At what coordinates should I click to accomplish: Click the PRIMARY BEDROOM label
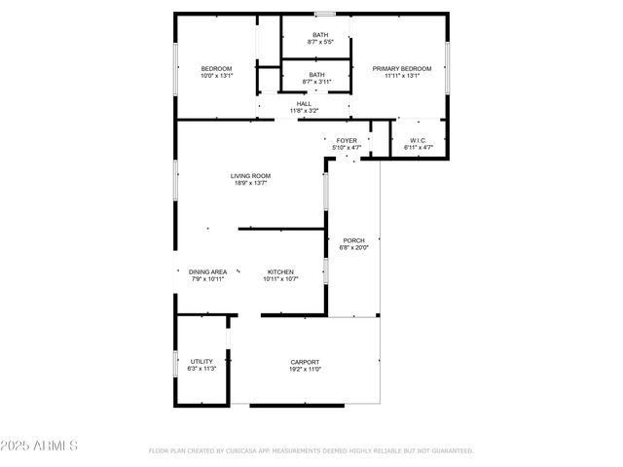click(401, 68)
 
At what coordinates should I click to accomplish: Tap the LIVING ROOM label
click(249, 176)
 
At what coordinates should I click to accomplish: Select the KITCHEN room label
click(280, 271)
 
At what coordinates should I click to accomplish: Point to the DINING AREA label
click(207, 271)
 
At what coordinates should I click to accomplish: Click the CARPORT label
click(304, 362)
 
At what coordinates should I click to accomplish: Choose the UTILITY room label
click(202, 362)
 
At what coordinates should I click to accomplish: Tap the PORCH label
click(353, 240)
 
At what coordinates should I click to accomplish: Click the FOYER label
click(347, 141)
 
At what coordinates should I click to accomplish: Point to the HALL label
click(304, 103)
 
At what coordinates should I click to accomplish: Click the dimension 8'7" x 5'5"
click(316, 42)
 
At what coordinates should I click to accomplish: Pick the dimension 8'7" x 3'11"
click(316, 82)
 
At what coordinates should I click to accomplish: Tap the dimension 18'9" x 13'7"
click(249, 183)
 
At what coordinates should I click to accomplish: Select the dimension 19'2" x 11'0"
click(304, 369)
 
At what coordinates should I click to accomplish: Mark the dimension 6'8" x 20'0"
click(353, 247)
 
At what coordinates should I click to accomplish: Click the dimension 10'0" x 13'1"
click(216, 75)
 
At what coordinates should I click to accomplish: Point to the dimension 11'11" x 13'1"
click(401, 75)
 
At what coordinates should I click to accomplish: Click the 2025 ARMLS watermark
click(39, 446)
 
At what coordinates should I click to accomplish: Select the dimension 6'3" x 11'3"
click(202, 369)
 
